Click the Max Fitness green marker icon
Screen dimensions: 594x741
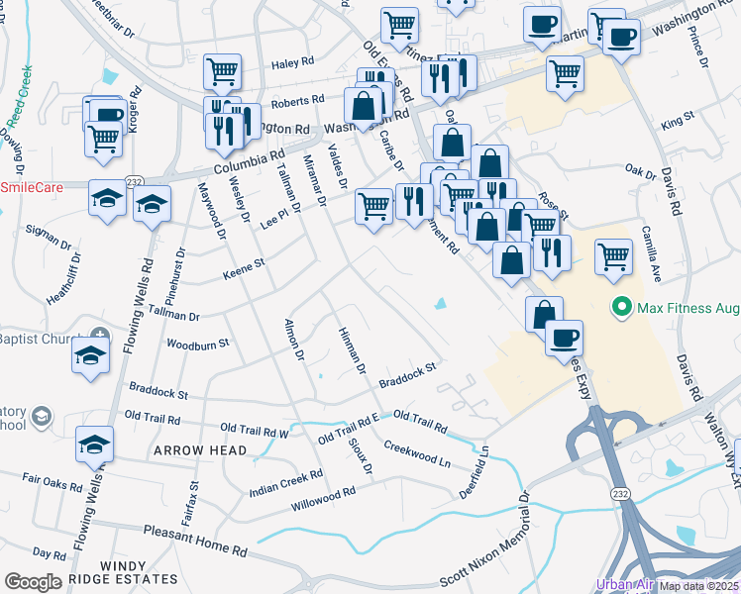coord(621,307)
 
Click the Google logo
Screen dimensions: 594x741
coord(33,582)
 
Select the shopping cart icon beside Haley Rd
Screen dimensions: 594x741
coord(223,70)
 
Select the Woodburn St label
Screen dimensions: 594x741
coord(198,344)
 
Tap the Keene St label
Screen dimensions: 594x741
coord(246,267)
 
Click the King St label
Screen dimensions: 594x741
coord(680,121)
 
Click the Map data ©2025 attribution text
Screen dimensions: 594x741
coord(699,586)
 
